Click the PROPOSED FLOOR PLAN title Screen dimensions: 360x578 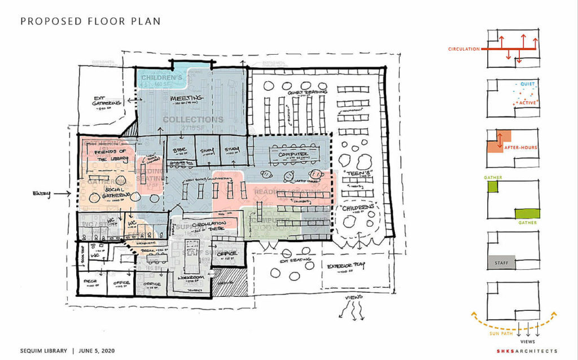(90, 21)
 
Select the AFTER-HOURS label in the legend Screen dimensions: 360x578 (521, 148)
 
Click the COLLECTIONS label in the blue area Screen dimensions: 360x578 (193, 120)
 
